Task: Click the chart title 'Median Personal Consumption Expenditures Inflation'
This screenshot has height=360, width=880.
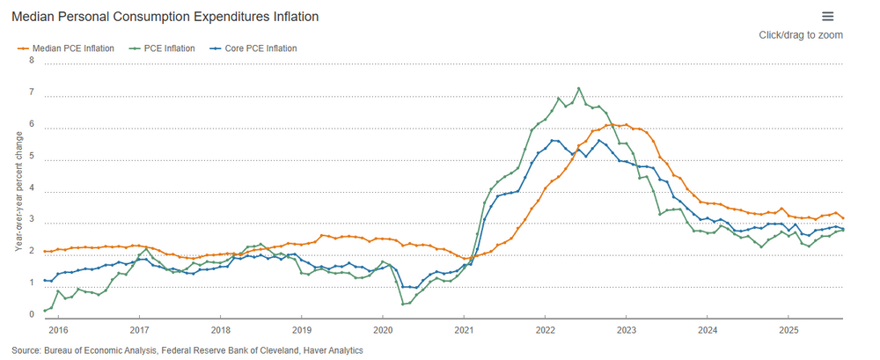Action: (165, 17)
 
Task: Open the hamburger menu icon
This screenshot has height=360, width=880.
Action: (827, 16)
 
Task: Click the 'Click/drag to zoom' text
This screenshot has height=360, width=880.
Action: (801, 35)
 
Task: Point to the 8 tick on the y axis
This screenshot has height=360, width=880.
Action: (32, 61)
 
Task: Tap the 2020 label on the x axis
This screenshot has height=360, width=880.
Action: (382, 330)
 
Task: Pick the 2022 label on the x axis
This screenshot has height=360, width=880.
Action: (544, 330)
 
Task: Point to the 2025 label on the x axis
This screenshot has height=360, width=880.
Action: (788, 330)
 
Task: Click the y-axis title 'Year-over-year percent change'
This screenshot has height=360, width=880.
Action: (18, 189)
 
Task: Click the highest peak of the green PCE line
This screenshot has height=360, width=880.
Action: (578, 88)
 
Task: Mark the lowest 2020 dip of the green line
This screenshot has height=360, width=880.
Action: (403, 305)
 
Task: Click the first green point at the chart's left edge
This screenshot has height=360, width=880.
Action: (44, 312)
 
